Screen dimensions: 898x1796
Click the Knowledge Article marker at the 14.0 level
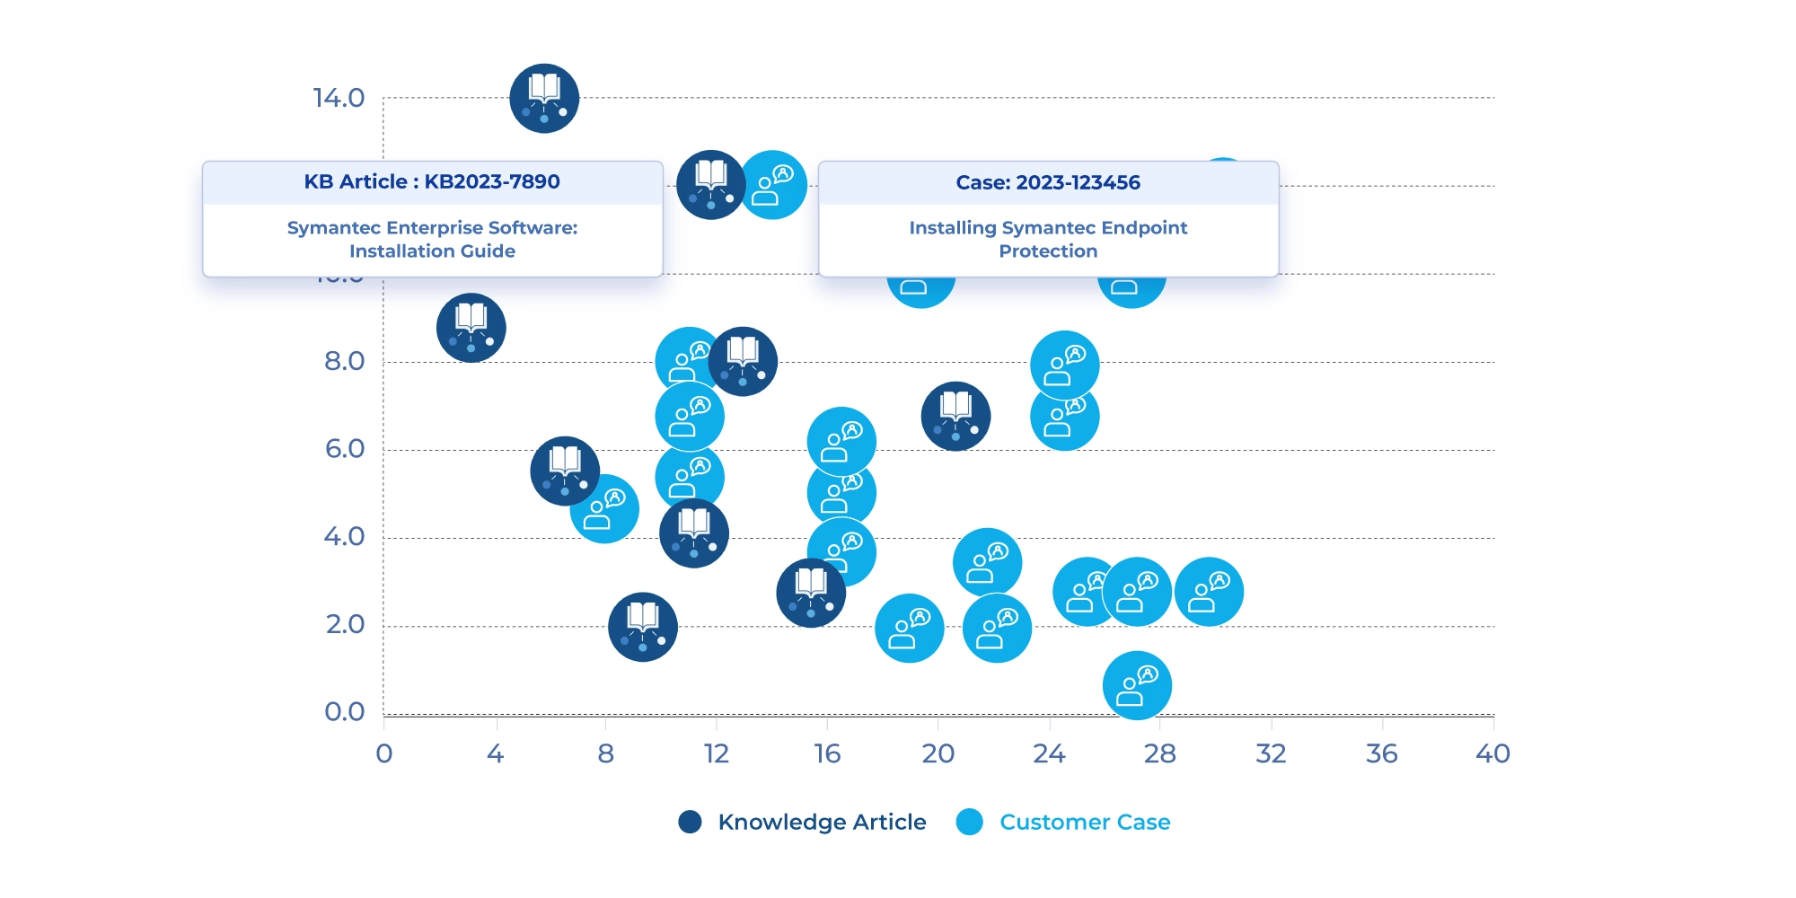point(544,99)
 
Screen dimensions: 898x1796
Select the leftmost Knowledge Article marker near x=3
point(471,328)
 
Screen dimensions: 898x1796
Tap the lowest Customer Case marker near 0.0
point(1137,685)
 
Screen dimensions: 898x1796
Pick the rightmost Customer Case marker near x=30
point(1209,592)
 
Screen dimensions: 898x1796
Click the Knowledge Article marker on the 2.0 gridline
point(643,627)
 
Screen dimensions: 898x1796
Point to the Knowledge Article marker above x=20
point(955,416)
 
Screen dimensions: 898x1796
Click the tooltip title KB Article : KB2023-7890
point(432,182)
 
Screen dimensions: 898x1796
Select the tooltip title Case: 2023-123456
point(1048,183)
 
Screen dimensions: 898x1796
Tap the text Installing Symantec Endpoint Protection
point(1048,240)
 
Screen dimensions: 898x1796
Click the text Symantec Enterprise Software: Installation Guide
point(432,240)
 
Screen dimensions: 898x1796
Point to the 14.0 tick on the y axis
point(339,98)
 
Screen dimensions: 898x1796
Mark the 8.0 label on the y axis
point(345,361)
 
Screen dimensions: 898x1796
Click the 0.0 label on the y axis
point(345,712)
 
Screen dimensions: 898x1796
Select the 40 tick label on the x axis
point(1492,753)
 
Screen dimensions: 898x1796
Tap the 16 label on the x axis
point(827,753)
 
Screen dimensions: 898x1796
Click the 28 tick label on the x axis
point(1159,753)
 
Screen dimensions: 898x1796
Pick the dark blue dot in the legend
point(690,822)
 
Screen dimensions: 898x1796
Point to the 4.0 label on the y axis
point(345,537)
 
